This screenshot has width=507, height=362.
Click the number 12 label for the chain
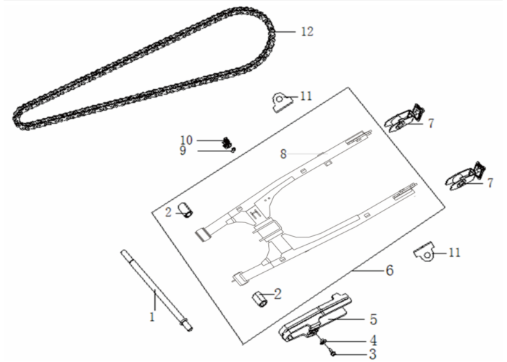[x=307, y=32]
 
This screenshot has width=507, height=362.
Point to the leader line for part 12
[x=285, y=32]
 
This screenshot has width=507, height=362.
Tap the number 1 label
[x=152, y=317]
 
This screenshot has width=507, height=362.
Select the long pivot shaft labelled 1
[x=157, y=290]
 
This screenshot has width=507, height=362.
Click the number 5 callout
[x=374, y=319]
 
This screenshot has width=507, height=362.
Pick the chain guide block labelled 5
[x=315, y=317]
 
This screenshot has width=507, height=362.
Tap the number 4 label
[x=373, y=340]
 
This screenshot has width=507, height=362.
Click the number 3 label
[x=373, y=354]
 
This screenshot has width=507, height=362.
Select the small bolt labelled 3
[x=332, y=351]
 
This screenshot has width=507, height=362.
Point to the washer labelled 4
[x=323, y=341]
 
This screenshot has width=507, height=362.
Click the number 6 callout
[x=390, y=270]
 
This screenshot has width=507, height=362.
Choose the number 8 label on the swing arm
[x=283, y=154]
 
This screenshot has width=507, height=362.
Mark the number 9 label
[x=183, y=151]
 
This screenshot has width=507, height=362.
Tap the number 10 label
[x=187, y=140]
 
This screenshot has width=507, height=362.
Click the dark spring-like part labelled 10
[x=227, y=142]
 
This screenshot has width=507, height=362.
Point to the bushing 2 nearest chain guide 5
[x=259, y=300]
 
